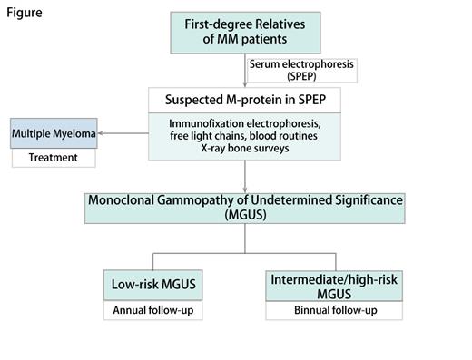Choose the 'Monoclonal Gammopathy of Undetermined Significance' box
[245, 207]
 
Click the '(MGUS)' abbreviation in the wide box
[245, 214]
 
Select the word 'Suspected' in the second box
[192, 100]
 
